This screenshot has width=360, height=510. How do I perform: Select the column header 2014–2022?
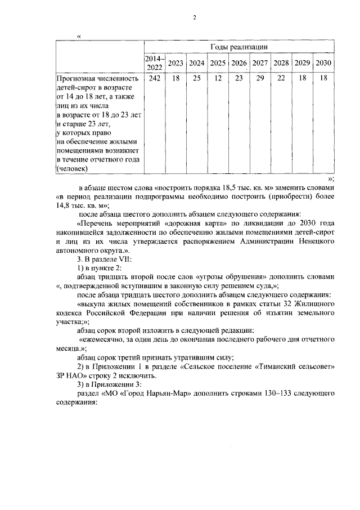(154, 62)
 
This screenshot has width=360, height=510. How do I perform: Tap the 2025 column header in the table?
(218, 62)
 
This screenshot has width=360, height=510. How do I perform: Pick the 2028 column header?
(281, 62)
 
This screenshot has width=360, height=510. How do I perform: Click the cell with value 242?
(154, 78)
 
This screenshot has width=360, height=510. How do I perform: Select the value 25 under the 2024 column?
(196, 78)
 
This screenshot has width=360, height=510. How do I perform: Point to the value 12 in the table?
(218, 78)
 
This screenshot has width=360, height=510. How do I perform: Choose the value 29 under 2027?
(260, 78)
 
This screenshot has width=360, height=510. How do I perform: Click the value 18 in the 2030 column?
(323, 78)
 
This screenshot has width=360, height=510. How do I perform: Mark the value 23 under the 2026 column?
(239, 78)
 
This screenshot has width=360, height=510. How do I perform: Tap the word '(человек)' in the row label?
(73, 168)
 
